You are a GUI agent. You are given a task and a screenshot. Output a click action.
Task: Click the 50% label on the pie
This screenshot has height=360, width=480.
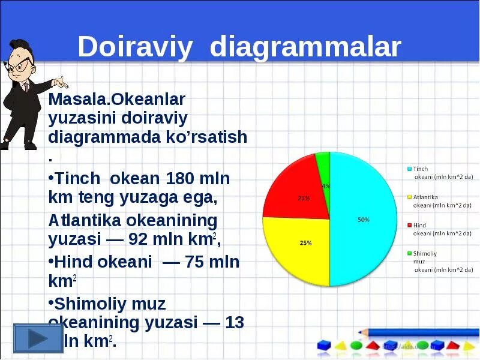point(363,220)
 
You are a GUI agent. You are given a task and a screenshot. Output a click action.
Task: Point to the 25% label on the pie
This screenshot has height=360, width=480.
point(305,243)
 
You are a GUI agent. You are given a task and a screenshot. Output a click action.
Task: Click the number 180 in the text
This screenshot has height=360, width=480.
point(180,179)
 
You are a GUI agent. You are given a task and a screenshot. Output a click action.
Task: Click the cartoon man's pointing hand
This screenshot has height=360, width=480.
point(61,81)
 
